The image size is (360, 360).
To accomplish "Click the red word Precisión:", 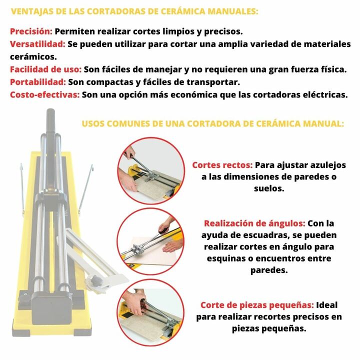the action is [31, 31].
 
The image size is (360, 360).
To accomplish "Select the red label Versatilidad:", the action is [37, 44].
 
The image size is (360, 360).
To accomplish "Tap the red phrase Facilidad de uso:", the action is [45, 69].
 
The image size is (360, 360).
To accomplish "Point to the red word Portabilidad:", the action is [38, 82].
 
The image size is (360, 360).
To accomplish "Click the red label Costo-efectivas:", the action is [45, 94].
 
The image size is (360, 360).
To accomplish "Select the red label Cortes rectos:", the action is [222, 165].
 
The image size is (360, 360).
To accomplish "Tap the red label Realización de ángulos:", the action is [254, 223].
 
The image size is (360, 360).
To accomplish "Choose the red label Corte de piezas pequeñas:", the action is [257, 305].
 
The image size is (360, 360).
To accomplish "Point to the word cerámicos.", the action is [33, 57].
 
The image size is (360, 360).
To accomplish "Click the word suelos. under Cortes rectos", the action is [269, 188].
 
